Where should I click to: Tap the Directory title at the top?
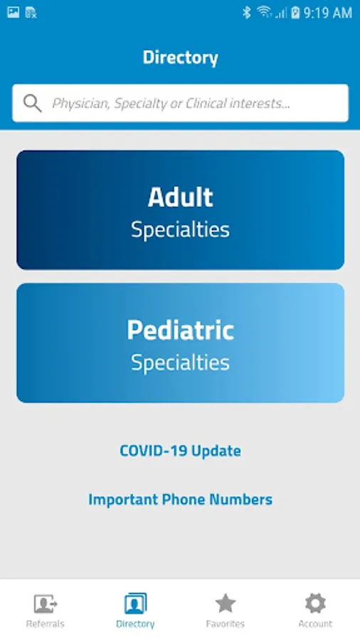click(180, 58)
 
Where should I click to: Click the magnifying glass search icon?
click(32, 103)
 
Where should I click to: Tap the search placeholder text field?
click(171, 104)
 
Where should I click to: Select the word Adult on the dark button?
click(181, 197)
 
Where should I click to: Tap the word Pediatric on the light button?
click(180, 330)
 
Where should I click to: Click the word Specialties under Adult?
click(180, 230)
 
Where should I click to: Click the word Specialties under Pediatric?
click(180, 363)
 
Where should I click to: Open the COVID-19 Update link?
click(180, 451)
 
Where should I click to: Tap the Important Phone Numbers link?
click(180, 499)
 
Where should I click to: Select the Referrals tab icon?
click(46, 604)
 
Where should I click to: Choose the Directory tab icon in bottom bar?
click(135, 603)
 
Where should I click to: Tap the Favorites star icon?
click(226, 603)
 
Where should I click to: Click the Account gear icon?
click(315, 603)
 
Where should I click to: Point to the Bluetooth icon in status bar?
click(246, 13)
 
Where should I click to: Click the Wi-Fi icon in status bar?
click(264, 12)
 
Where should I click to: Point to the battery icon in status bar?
click(295, 13)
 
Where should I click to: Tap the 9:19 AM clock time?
click(327, 13)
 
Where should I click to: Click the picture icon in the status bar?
click(13, 12)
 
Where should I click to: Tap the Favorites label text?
click(226, 624)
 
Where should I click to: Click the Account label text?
click(315, 624)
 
